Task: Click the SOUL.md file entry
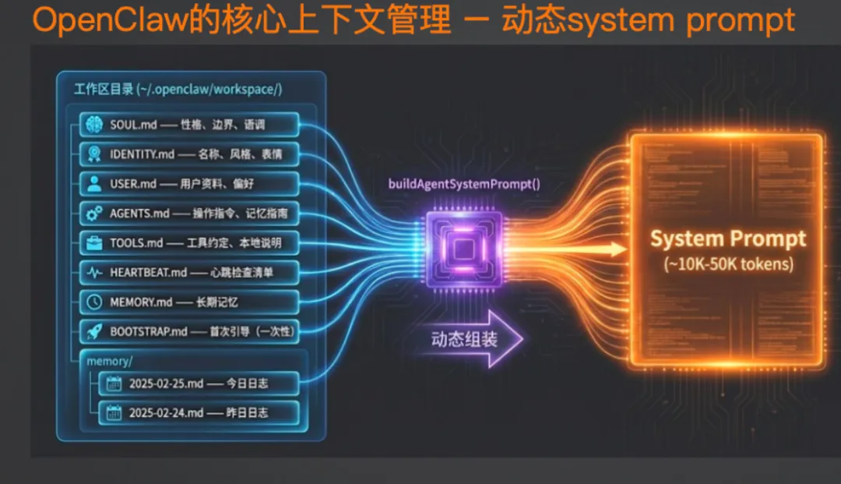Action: click(189, 125)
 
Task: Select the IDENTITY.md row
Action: click(189, 154)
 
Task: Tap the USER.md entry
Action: click(189, 184)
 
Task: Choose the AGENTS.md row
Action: click(189, 214)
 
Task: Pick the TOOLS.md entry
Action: click(189, 242)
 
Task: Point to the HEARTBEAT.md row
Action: click(189, 272)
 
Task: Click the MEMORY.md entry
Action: click(189, 302)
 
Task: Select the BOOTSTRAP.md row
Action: click(189, 331)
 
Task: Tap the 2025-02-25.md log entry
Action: click(199, 383)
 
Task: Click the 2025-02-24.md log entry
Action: click(199, 412)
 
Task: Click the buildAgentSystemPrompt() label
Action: click(464, 185)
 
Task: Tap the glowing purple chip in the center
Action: click(464, 249)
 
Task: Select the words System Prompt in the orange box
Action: click(728, 238)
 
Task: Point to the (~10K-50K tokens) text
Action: click(728, 264)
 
